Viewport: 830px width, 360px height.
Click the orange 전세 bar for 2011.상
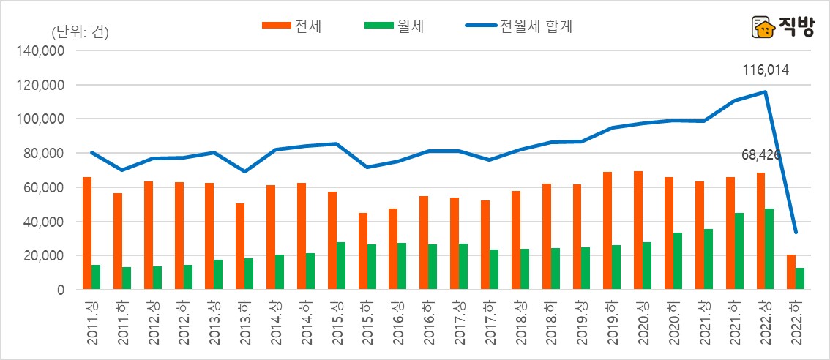[87, 233]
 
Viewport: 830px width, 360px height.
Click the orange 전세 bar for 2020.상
[639, 230]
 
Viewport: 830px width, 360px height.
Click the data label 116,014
[765, 70]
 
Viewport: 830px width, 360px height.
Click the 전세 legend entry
[293, 27]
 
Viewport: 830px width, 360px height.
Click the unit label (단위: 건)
[80, 32]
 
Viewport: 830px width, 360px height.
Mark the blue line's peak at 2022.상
[766, 91]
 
